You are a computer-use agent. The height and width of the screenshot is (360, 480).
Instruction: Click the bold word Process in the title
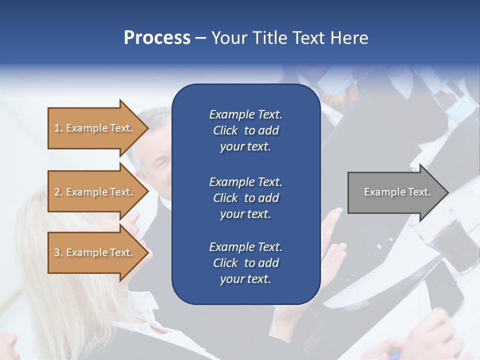157,37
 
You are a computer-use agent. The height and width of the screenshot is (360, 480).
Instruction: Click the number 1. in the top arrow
58,128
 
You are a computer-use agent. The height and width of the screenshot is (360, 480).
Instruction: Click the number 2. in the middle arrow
58,192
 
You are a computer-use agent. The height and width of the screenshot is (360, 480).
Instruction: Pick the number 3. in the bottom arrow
58,252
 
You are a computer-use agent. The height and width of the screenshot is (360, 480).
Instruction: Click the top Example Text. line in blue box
245,114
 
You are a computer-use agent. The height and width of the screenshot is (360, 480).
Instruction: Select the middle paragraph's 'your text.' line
245,214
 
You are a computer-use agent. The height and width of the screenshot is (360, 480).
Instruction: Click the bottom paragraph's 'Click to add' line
245,263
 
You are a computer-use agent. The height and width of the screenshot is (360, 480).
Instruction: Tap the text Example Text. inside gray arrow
397,192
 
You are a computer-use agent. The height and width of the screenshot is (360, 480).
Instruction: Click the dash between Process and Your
200,38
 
